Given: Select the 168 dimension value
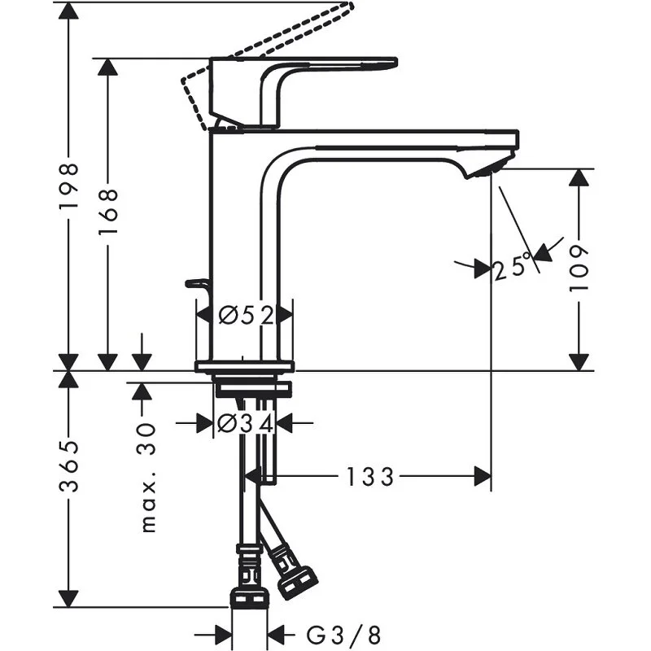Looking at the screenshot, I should click(x=108, y=212).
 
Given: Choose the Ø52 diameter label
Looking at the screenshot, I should click(x=245, y=313).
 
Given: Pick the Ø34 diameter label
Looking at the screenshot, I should click(x=245, y=423).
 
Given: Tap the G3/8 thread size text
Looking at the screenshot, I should click(x=343, y=633).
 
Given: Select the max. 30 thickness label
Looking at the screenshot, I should click(x=149, y=478).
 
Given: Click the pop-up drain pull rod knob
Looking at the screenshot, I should click(x=196, y=283).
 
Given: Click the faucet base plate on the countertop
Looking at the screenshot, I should click(x=244, y=366).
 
